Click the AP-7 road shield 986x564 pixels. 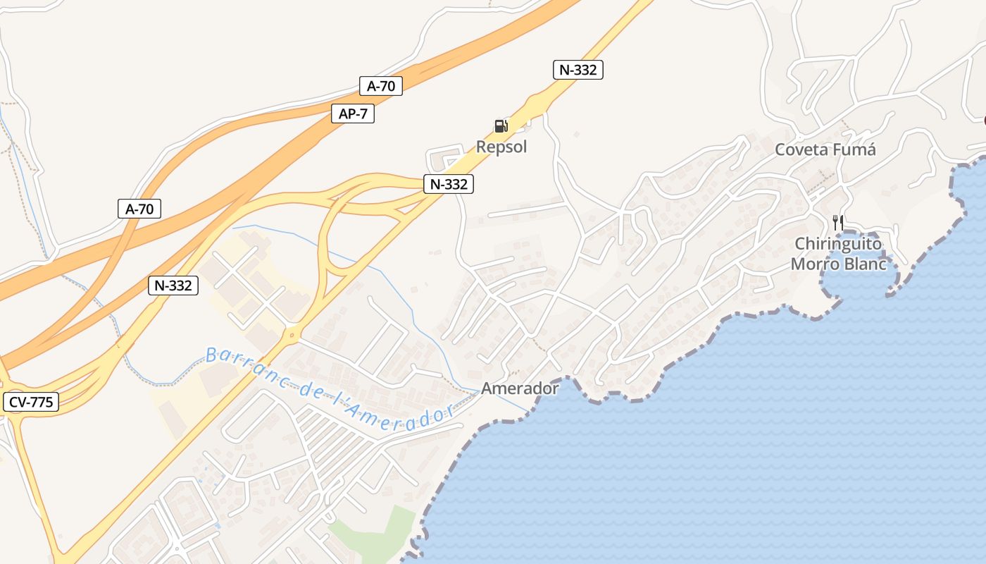tap(353, 114)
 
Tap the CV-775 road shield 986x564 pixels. tap(31, 402)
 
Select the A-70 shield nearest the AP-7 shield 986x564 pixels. tap(381, 86)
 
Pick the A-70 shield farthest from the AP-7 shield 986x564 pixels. tap(139, 208)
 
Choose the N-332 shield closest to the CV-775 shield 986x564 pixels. tap(173, 285)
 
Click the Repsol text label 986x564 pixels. tap(501, 147)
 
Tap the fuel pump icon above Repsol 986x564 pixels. tap(501, 126)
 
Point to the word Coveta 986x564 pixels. tap(801, 149)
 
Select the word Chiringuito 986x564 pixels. tap(838, 244)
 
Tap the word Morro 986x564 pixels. tap(815, 264)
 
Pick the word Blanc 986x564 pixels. tap(863, 264)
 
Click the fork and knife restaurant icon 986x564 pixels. tap(838, 223)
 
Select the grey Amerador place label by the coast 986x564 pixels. tap(520, 388)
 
